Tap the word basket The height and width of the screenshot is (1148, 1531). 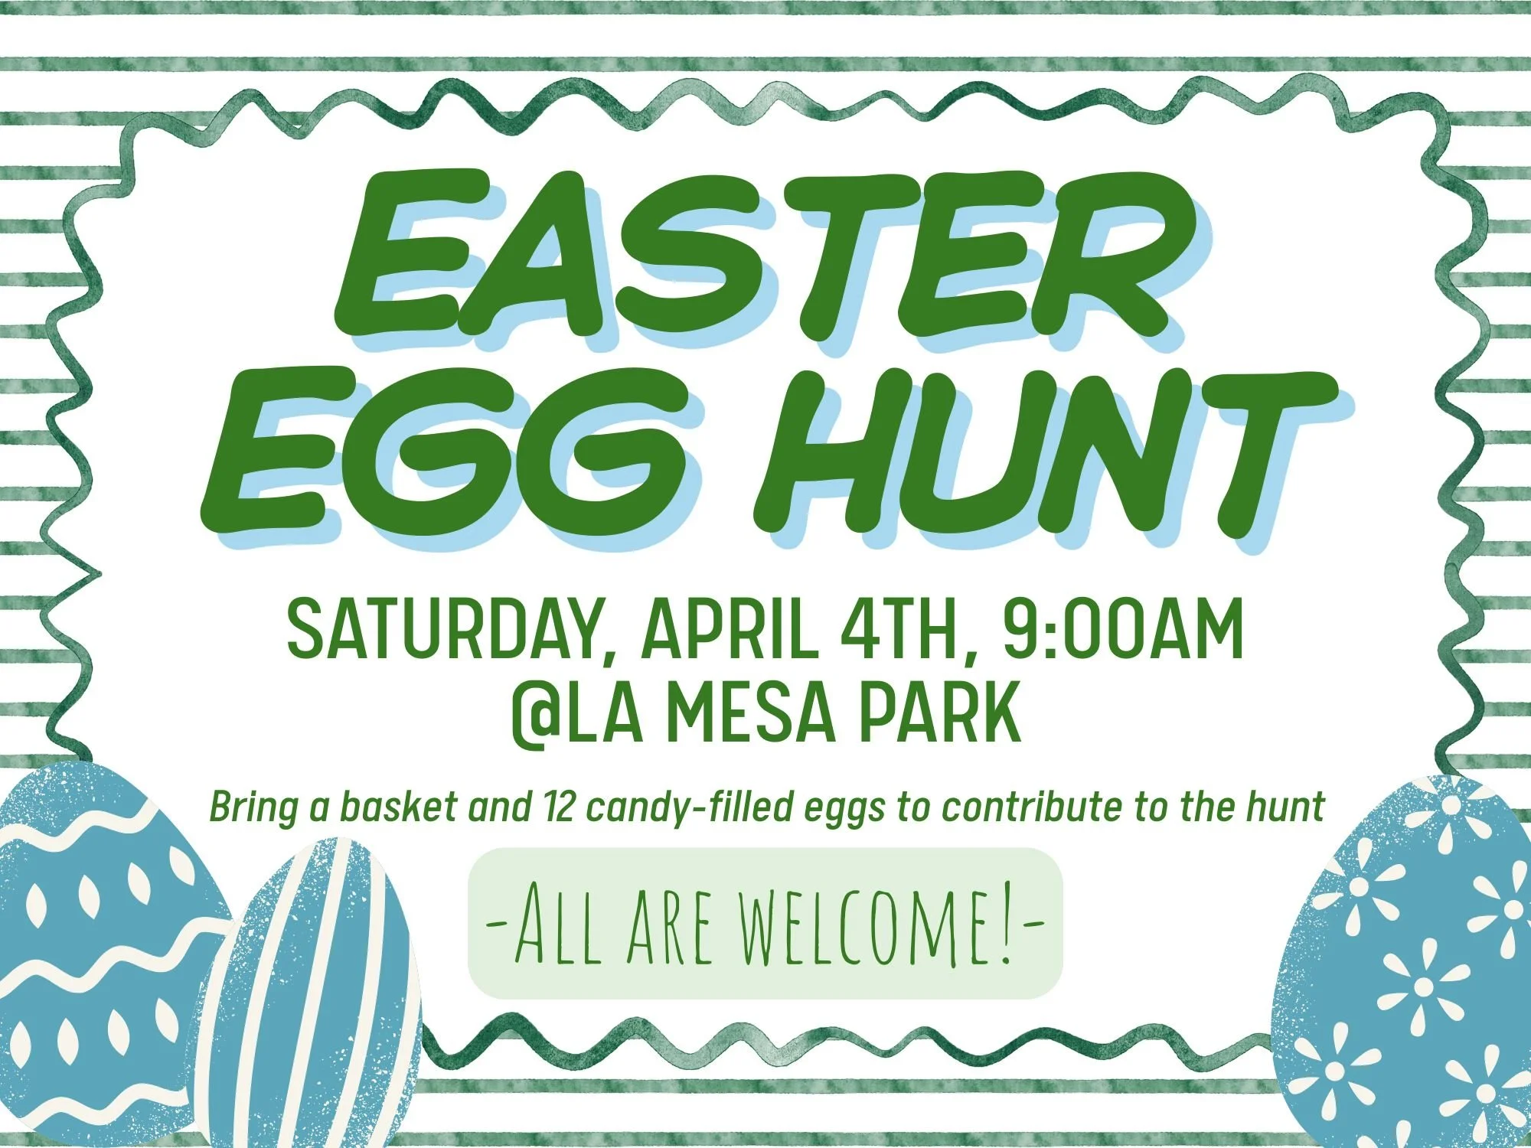(x=399, y=807)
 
